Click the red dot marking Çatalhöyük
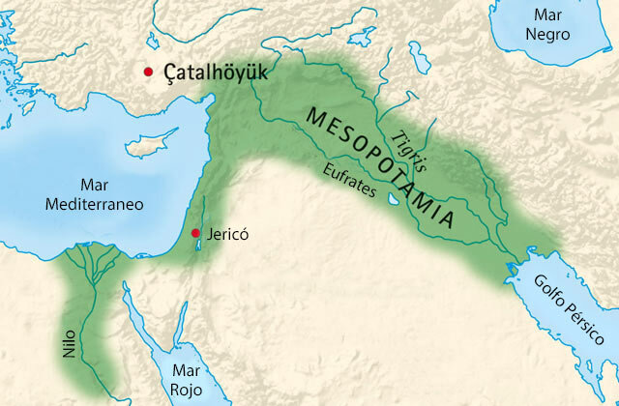pyautogui.click(x=148, y=72)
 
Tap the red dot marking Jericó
pyautogui.click(x=195, y=233)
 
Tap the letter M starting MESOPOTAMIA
pyautogui.click(x=315, y=115)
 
